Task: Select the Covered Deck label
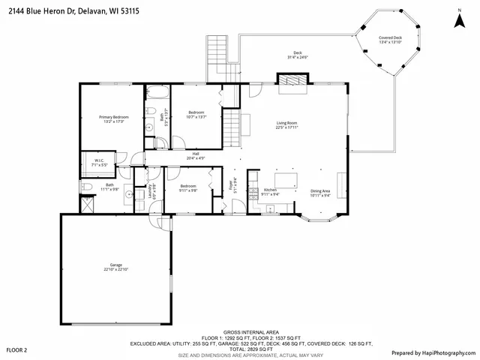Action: [x=390, y=40]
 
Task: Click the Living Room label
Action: [x=287, y=125]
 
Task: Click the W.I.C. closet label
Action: [x=99, y=161]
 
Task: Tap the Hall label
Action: [x=195, y=155]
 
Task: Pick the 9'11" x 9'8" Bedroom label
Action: [x=188, y=188]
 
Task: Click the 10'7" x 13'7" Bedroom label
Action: [x=196, y=114]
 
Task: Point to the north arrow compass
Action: [x=458, y=19]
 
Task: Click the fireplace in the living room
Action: [x=292, y=80]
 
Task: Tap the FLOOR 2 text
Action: [x=16, y=350]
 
